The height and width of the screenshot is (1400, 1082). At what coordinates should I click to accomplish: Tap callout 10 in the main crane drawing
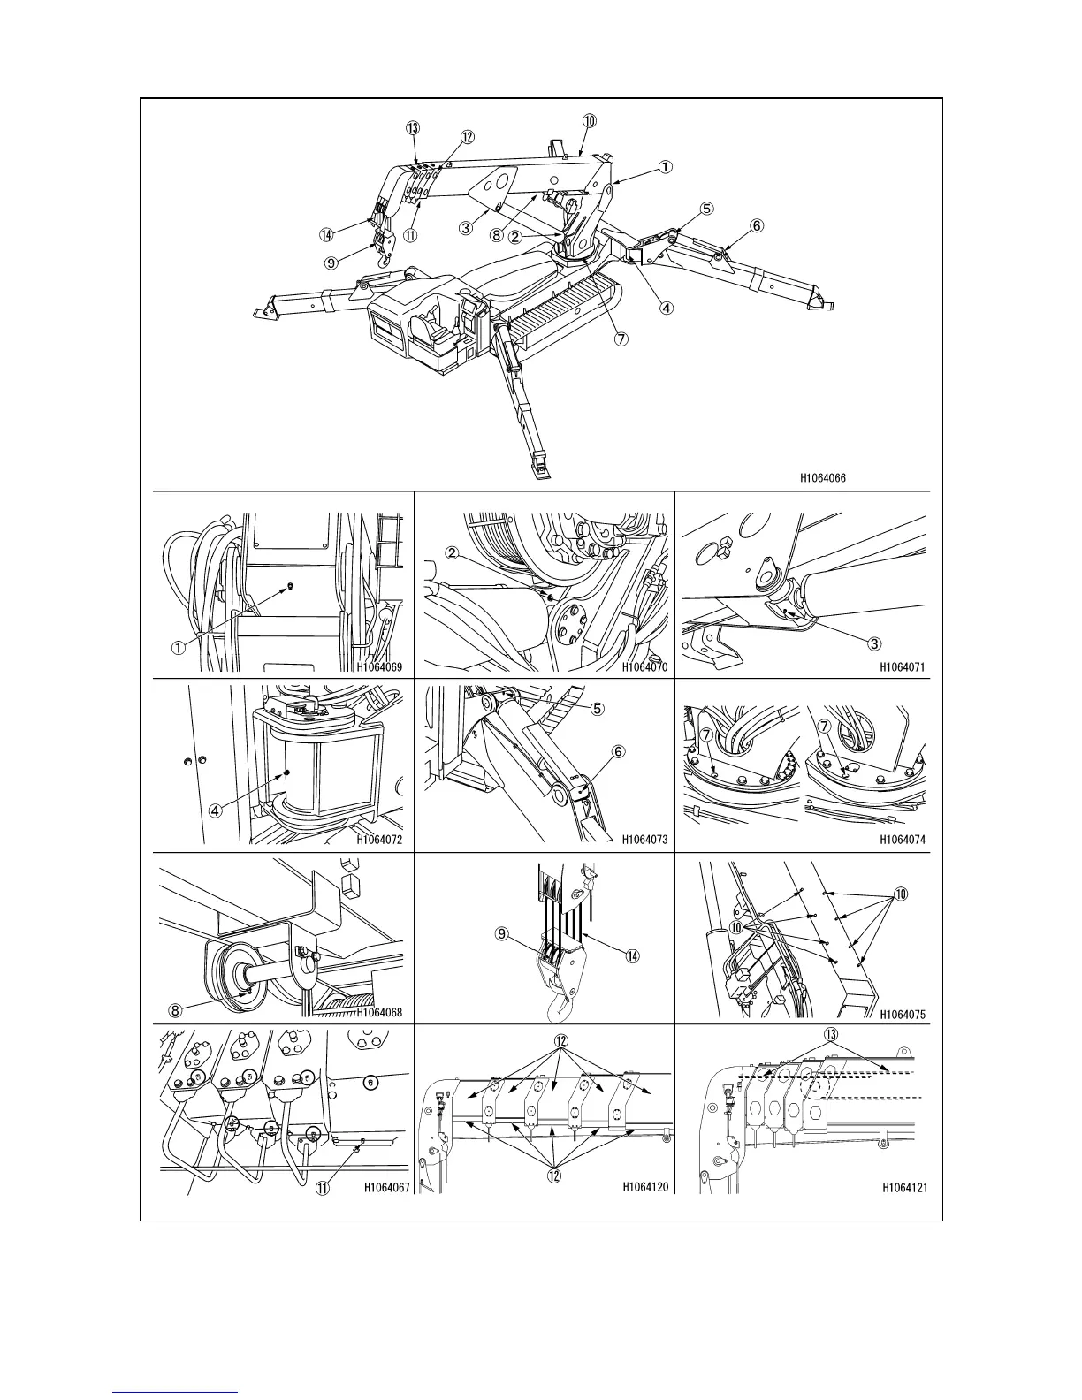(590, 119)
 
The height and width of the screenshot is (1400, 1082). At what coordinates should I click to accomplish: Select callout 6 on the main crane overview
(757, 225)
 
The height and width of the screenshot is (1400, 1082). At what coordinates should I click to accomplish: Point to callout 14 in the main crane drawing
(327, 235)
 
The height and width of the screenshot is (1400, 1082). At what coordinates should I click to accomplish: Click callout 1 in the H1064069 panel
(178, 647)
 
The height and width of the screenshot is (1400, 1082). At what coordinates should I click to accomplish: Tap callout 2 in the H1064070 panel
(452, 554)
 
